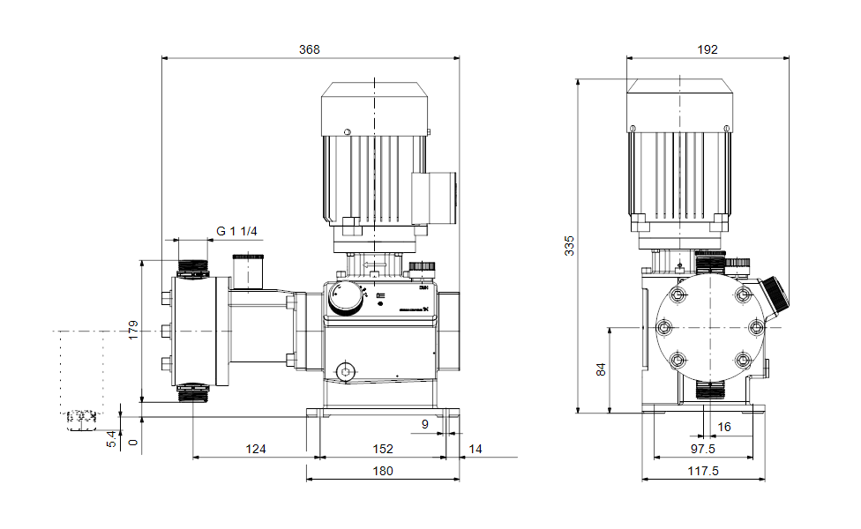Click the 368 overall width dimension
[x=310, y=49]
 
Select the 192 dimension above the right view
[x=707, y=49]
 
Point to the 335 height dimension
[x=569, y=244]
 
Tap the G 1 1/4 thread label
[x=236, y=231]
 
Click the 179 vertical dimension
[x=133, y=330]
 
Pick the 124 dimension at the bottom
[x=255, y=449]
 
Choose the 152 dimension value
[x=382, y=449]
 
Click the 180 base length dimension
[x=382, y=471]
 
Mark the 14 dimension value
[x=475, y=449]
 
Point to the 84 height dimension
[x=602, y=369]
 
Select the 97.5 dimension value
[x=703, y=449]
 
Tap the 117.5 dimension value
[x=703, y=471]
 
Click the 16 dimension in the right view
[x=724, y=427]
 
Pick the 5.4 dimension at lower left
[x=111, y=438]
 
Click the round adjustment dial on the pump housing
[x=344, y=300]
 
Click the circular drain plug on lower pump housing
[x=347, y=371]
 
